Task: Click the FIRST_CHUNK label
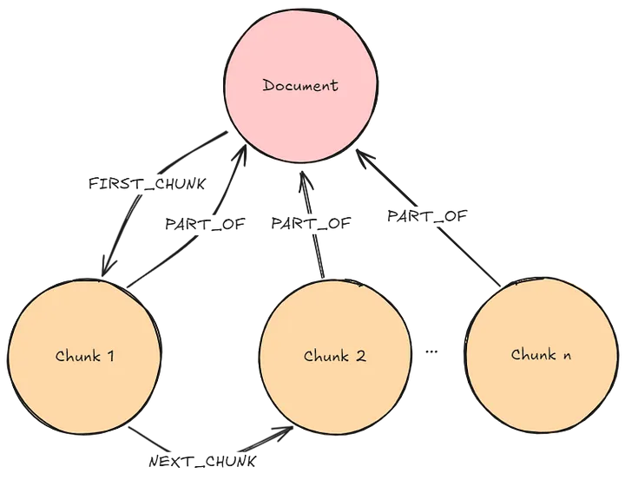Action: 147,184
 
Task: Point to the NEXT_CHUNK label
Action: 202,461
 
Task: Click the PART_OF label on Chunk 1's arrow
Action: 205,224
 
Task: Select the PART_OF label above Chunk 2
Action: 311,223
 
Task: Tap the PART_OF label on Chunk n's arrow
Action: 427,215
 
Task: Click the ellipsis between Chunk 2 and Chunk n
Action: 431,352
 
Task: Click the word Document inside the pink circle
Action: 300,85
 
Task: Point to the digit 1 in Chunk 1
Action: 109,356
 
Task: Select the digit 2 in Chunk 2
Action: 360,356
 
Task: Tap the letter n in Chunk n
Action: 566,356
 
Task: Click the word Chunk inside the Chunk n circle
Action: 533,354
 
